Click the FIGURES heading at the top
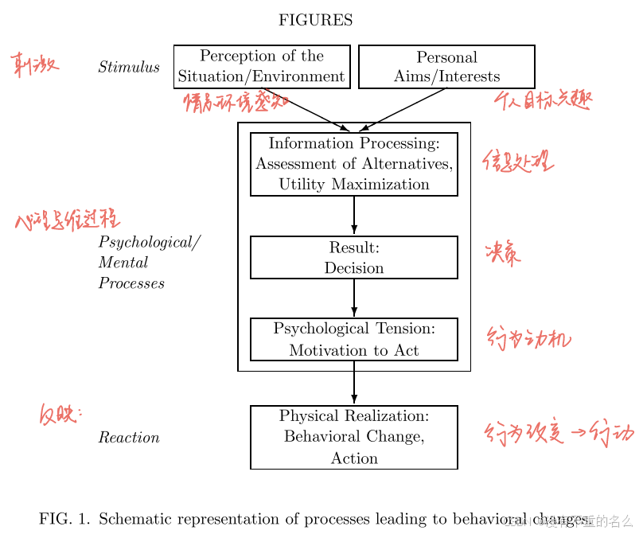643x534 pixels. tap(315, 21)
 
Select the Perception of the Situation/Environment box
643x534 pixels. tap(262, 67)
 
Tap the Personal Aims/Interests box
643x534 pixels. tap(446, 67)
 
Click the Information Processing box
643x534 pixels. tap(354, 164)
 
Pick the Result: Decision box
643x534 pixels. tap(354, 258)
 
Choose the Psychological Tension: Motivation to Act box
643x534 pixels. tap(354, 340)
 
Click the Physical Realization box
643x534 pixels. tap(354, 438)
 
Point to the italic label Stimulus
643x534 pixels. tap(129, 68)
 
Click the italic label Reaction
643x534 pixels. tap(129, 438)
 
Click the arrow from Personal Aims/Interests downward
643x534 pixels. tap(402, 110)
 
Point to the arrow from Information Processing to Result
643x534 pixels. tap(354, 216)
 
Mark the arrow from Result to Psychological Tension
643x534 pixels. tap(354, 298)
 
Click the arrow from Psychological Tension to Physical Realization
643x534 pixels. tap(354, 384)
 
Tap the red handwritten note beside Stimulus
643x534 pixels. tap(35, 65)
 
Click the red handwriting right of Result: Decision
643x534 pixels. tap(503, 254)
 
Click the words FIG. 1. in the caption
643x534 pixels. tap(64, 520)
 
